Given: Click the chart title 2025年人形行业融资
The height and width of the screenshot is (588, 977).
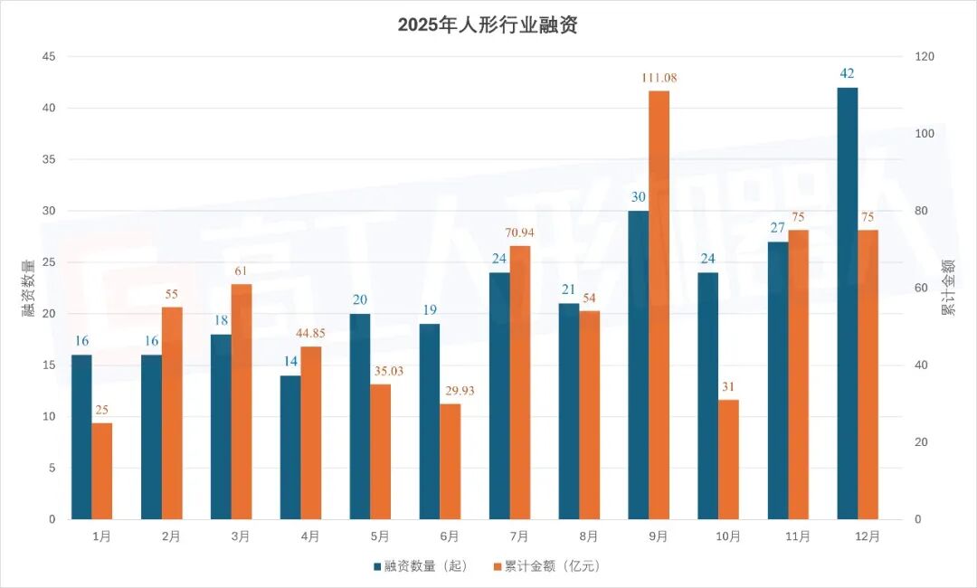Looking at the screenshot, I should point(488,24).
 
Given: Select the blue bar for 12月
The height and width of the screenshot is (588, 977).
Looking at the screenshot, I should point(848,303).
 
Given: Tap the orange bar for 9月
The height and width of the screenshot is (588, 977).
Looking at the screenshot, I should point(659,305).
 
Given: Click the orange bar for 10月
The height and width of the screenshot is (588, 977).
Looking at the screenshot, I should point(729,460).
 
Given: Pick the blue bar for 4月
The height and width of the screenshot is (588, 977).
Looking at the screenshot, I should point(290,447).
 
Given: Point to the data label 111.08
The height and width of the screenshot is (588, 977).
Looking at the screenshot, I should point(659,78).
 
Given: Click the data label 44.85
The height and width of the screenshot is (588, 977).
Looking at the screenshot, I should point(311,333).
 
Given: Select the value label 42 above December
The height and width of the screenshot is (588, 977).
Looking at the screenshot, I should point(848,73).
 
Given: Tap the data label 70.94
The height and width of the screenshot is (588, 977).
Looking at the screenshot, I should point(520,232).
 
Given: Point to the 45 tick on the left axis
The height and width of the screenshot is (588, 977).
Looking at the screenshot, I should point(49,56).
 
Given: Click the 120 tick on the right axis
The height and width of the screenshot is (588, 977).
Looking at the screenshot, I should point(925,56).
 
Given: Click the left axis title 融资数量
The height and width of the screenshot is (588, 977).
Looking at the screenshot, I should point(28,288).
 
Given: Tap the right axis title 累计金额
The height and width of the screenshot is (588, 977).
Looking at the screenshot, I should point(948,288).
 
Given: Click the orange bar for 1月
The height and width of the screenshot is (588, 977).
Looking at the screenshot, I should point(102,471).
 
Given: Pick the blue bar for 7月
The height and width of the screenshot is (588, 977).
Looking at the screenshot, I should point(499,395).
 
